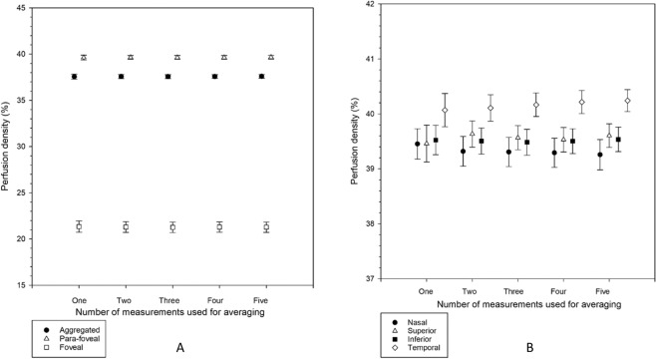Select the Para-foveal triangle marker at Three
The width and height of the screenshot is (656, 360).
tap(177, 58)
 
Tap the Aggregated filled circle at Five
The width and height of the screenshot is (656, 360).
tap(261, 77)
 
